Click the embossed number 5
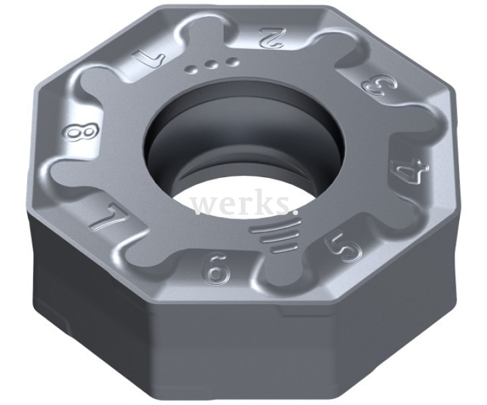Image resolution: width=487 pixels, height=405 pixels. (x=344, y=248)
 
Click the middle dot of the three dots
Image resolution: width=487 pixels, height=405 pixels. (x=211, y=64)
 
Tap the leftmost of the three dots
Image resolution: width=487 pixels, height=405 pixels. (x=192, y=68)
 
